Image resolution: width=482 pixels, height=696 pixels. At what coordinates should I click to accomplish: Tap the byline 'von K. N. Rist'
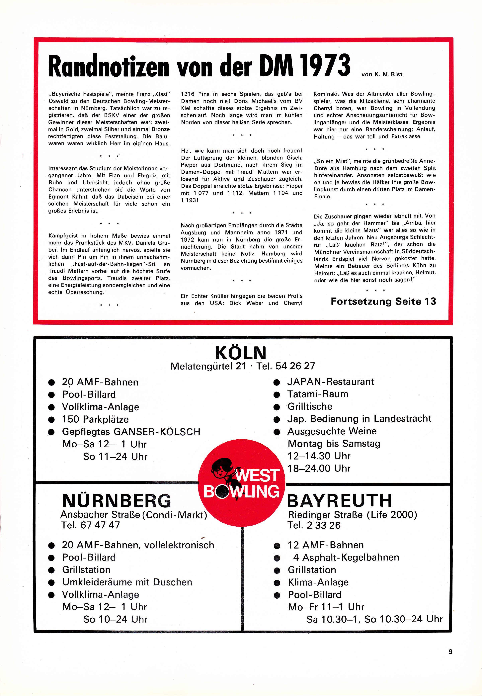(x=382, y=74)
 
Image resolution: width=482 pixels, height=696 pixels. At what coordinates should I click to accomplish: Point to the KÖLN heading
(x=241, y=353)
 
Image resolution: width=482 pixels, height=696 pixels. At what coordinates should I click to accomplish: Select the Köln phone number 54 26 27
(x=295, y=366)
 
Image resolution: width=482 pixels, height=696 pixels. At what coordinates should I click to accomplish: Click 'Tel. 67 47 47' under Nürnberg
(x=91, y=525)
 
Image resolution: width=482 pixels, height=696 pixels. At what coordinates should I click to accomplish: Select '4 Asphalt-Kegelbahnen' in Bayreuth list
(x=346, y=557)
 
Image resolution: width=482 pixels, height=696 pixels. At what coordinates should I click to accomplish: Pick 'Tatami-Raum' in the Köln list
(x=318, y=394)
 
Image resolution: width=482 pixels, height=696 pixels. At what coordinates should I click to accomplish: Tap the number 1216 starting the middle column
(x=188, y=94)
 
